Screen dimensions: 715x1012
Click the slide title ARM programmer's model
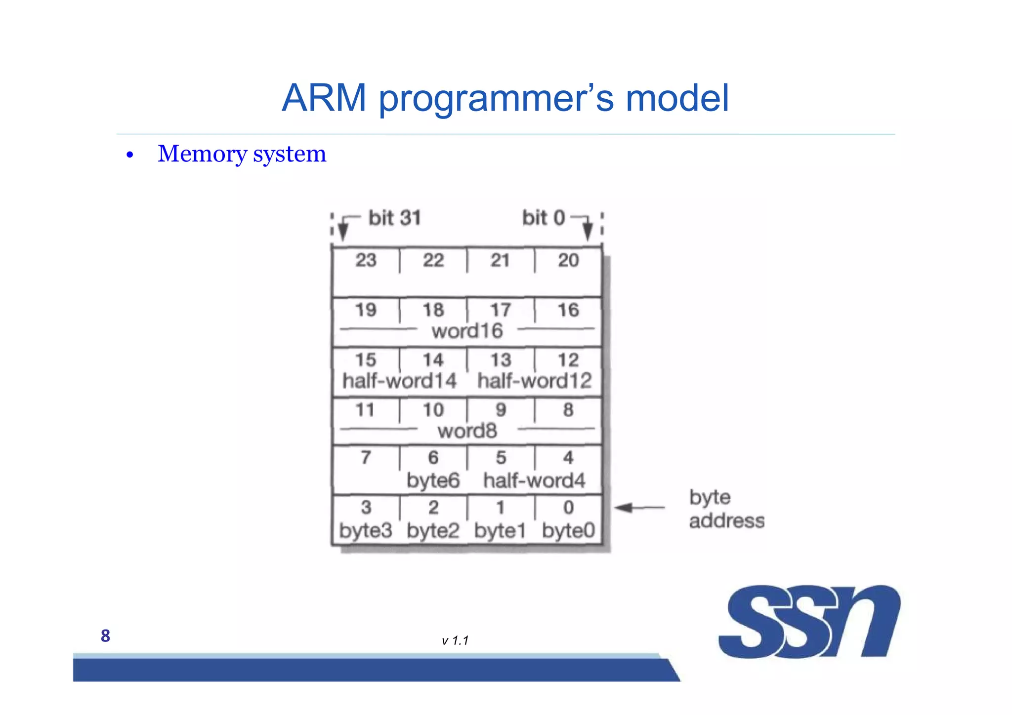click(505, 98)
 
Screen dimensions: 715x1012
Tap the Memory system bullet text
click(242, 154)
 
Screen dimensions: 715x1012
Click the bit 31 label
click(394, 218)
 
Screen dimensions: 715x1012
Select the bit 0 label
click(543, 218)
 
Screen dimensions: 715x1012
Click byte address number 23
click(366, 260)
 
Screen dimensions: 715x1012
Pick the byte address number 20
click(568, 260)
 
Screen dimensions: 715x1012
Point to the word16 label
click(467, 331)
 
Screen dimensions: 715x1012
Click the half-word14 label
click(399, 381)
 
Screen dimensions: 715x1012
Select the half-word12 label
click(534, 381)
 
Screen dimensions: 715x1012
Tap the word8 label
click(467, 431)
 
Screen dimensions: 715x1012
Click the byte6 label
click(433, 480)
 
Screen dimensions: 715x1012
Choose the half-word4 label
click(534, 480)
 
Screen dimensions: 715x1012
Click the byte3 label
click(365, 531)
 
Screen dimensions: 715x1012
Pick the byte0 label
click(568, 531)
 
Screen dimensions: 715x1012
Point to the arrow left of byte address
click(639, 508)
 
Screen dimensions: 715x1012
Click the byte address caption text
click(726, 509)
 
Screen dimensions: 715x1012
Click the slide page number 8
click(105, 636)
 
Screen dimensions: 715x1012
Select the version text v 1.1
click(455, 640)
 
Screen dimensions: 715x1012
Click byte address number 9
click(501, 409)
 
